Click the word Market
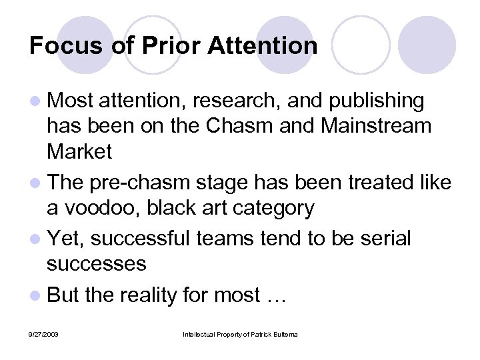(x=79, y=151)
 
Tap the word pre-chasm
(x=141, y=182)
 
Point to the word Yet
(x=63, y=238)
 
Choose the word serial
(x=384, y=238)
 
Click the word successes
(x=96, y=263)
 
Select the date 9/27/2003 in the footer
(x=43, y=333)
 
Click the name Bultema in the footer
(x=286, y=333)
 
